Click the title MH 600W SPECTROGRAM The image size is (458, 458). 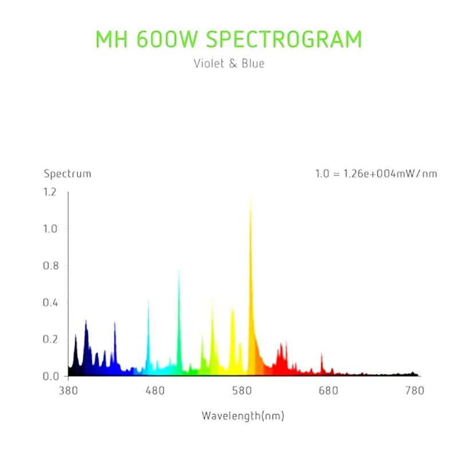coord(228,40)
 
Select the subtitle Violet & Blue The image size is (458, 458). coord(228,64)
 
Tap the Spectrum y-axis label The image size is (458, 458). coord(68,174)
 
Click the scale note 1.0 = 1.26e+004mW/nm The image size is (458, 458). coord(376,174)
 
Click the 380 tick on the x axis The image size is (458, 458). coord(68,391)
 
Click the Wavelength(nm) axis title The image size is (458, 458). coord(243,416)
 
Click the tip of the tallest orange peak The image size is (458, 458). coord(251,198)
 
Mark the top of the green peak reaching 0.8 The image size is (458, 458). coord(179,270)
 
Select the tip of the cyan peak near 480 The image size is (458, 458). coord(148,299)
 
